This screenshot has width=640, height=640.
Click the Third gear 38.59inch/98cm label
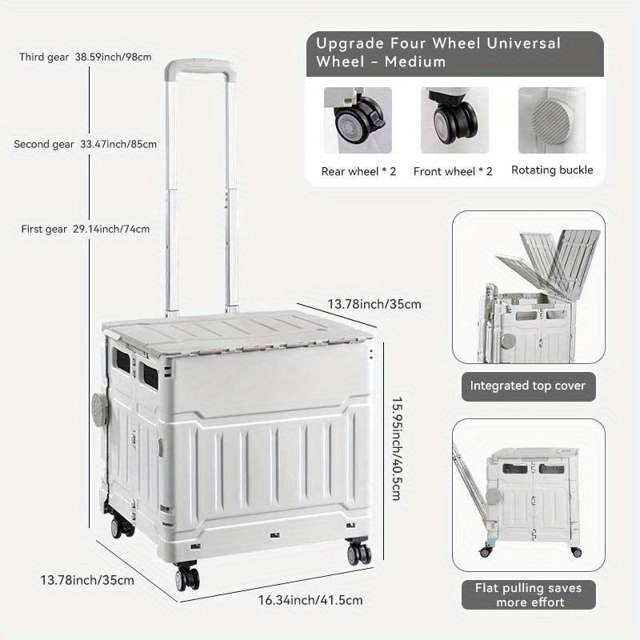86,57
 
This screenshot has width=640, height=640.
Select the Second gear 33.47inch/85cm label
85,144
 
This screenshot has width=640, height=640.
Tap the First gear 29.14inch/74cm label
86,229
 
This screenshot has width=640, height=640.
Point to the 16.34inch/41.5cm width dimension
310,600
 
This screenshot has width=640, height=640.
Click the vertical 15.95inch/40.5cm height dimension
397,449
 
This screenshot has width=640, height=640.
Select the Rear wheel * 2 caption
358,171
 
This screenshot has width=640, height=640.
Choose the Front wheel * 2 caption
453,171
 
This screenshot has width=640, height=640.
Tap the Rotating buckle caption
552,170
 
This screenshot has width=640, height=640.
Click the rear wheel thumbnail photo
358,121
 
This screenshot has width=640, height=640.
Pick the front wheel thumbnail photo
454,121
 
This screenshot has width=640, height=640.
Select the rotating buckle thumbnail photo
552,121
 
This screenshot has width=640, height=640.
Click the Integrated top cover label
528,386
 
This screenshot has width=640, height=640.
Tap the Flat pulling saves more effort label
528,595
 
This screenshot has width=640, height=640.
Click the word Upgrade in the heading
350,44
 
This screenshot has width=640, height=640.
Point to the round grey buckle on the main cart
99,410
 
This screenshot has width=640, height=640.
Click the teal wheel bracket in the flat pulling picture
490,542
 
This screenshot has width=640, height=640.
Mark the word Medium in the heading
414,62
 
